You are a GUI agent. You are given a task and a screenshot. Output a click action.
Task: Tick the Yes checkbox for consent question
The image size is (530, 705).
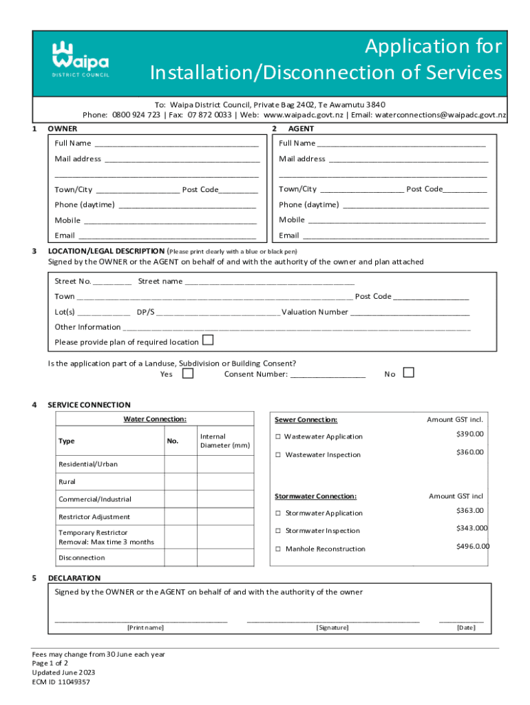188,373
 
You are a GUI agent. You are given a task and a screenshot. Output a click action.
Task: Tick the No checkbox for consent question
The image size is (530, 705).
408,372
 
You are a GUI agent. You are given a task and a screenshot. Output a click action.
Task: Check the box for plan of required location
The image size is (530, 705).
208,341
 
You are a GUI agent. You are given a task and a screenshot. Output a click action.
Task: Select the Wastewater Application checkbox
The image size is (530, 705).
279,437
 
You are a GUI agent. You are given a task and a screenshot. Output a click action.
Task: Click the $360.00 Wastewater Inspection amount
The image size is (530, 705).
469,452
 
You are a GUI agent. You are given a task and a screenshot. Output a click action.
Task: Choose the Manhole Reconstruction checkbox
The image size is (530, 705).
279,549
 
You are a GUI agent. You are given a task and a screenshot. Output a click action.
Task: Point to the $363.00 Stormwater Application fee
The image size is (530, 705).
469,511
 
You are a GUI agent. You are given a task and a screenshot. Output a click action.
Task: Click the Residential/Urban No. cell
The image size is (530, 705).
180,464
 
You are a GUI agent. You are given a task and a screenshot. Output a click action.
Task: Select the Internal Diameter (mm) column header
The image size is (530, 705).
224,441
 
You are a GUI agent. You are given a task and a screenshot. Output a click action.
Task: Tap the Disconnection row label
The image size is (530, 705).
82,558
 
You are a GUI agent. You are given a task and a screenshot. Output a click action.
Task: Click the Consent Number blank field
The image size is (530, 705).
328,375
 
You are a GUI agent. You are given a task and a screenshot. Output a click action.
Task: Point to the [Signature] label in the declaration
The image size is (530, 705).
332,628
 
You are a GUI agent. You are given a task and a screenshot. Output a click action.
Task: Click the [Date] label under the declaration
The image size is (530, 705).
466,628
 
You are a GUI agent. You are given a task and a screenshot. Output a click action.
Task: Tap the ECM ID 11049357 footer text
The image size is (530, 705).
61,682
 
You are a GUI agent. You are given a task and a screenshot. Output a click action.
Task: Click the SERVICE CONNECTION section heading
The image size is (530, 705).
89,405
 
